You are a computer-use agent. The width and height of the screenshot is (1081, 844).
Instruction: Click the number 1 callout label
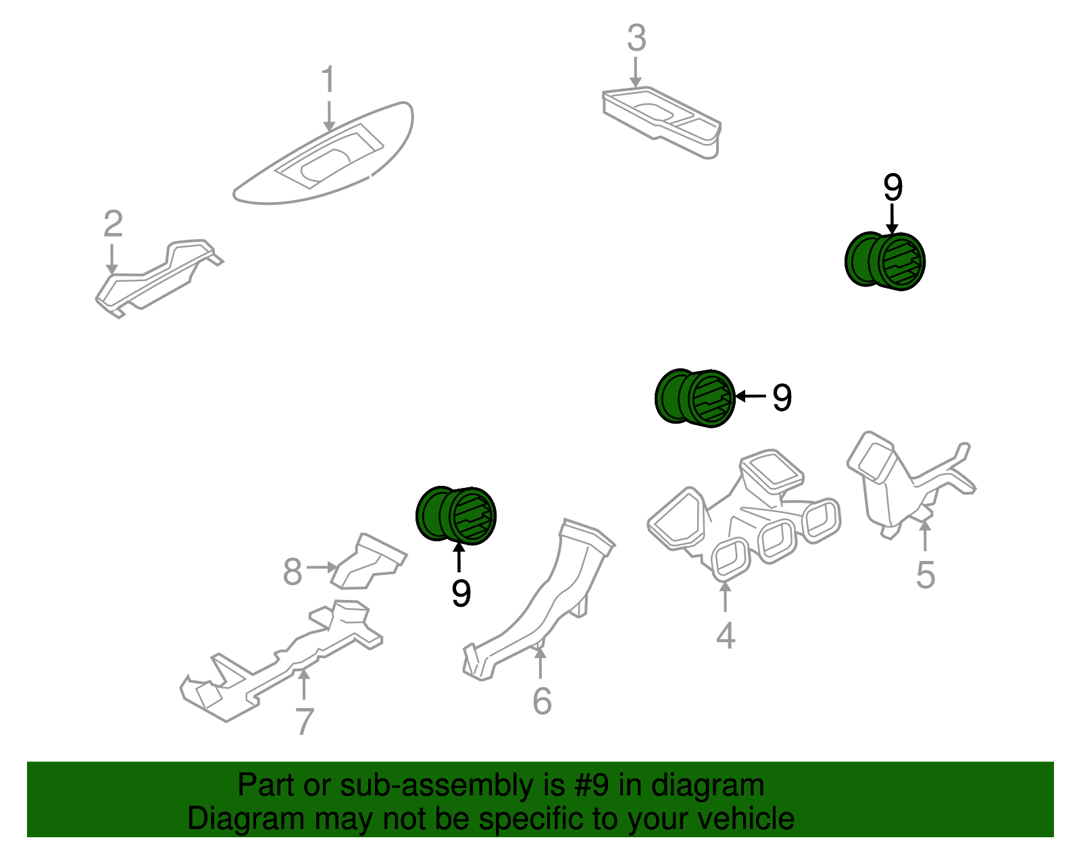(x=328, y=80)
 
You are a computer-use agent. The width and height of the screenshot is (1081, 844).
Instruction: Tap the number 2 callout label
(x=113, y=224)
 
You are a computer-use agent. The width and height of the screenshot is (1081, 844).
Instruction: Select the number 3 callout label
(x=636, y=39)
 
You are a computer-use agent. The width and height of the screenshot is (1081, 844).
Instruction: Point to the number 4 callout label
(x=725, y=635)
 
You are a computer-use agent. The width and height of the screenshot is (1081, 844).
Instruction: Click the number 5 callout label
(x=925, y=575)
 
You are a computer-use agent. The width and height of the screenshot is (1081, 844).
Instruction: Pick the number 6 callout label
(x=542, y=701)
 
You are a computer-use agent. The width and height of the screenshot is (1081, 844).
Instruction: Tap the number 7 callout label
(x=304, y=722)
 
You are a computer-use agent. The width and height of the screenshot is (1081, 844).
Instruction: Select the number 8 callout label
(x=292, y=572)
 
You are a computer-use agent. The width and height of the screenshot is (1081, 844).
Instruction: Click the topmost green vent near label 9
(x=885, y=262)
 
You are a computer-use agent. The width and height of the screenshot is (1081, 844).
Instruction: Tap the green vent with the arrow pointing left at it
(x=695, y=398)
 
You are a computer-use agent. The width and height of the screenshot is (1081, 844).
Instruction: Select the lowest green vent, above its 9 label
(x=456, y=515)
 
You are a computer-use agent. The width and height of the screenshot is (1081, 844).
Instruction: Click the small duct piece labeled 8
(x=368, y=562)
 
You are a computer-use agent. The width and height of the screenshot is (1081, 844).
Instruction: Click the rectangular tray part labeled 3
(x=662, y=118)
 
